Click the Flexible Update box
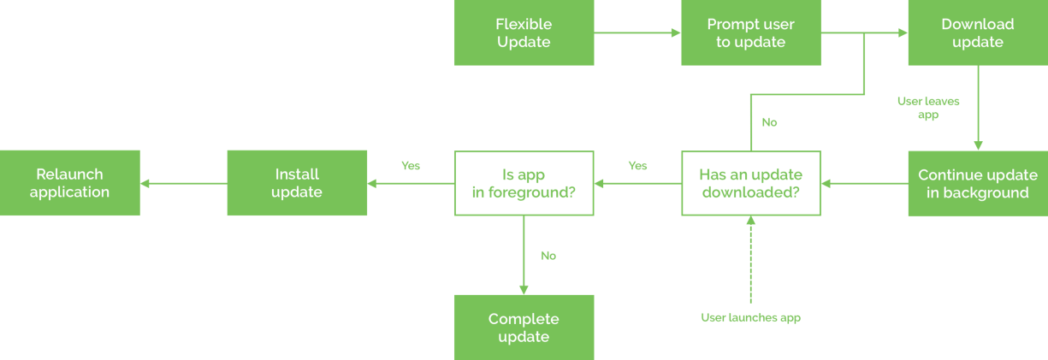click(524, 33)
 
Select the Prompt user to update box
click(750, 33)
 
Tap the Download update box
click(977, 33)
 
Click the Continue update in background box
click(977, 184)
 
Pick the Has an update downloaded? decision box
click(750, 184)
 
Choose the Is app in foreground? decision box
click(524, 184)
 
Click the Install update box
click(296, 184)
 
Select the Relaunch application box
click(69, 184)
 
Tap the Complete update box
click(524, 328)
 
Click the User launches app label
click(750, 318)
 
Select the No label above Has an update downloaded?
click(769, 122)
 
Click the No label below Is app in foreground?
click(548, 256)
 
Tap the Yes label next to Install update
click(411, 166)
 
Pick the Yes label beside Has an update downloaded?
click(637, 166)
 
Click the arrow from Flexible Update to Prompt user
click(637, 33)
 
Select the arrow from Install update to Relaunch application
click(183, 184)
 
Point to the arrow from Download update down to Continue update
click(977, 108)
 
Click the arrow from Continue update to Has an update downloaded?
click(864, 184)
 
